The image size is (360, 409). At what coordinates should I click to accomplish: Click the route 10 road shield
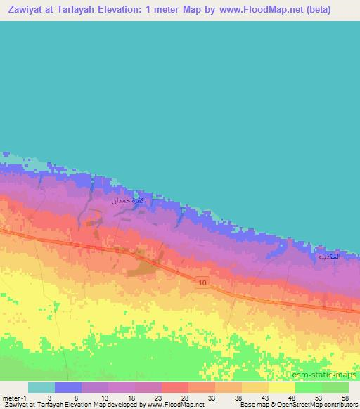(x=202, y=282)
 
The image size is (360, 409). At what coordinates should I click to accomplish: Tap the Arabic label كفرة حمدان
(x=129, y=201)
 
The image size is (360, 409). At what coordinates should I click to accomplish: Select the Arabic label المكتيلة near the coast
(x=329, y=257)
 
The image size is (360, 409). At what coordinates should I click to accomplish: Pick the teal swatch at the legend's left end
(x=41, y=387)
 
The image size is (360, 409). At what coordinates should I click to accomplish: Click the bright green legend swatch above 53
(x=309, y=387)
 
